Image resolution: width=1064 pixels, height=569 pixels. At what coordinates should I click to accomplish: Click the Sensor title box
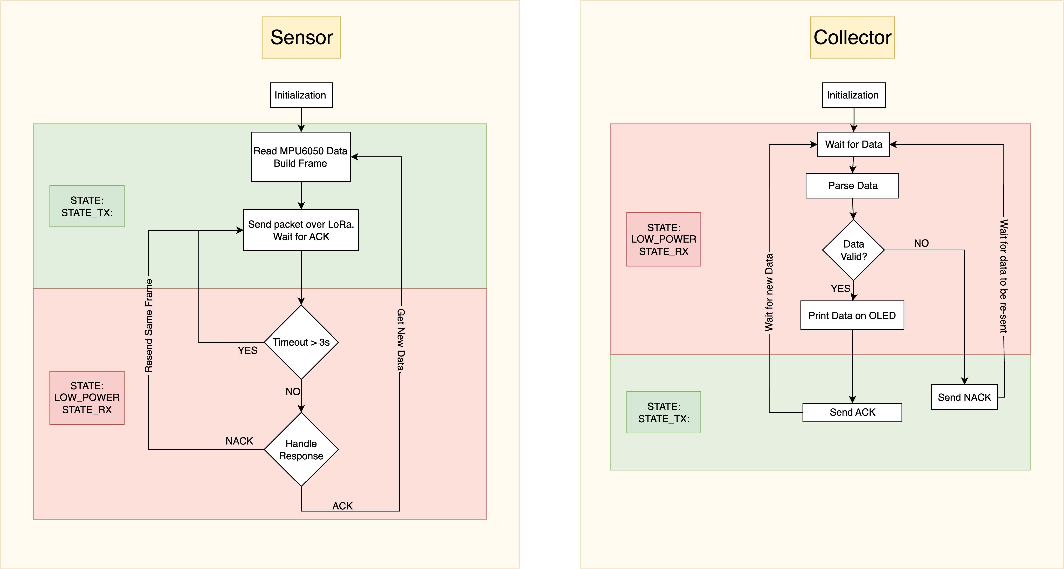pos(301,38)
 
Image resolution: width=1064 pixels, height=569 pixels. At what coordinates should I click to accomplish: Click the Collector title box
pos(852,38)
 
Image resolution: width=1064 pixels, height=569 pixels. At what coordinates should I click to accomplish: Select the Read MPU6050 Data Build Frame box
pos(301,157)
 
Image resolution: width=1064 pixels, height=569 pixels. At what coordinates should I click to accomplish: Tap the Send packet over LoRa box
pos(301,230)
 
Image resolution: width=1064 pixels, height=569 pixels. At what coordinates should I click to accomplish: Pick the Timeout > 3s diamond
pos(301,342)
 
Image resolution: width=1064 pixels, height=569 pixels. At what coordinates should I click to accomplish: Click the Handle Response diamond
pos(301,450)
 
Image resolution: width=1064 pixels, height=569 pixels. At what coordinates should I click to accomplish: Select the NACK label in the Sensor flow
pos(239,441)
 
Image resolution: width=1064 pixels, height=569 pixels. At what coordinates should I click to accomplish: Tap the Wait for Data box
pos(853,144)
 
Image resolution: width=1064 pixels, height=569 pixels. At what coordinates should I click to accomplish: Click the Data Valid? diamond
pos(853,250)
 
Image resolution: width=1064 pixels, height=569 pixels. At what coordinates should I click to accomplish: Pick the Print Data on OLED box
pos(852,316)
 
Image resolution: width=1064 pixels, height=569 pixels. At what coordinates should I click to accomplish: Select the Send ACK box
pos(852,413)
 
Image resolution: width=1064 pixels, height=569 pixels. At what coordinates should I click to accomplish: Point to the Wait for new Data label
pos(769,292)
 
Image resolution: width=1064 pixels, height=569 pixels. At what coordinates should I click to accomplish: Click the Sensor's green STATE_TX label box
pos(87,206)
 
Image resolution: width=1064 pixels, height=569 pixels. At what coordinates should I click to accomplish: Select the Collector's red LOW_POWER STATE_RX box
pos(664,239)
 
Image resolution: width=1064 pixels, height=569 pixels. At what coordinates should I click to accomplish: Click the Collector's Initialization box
pos(853,95)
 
